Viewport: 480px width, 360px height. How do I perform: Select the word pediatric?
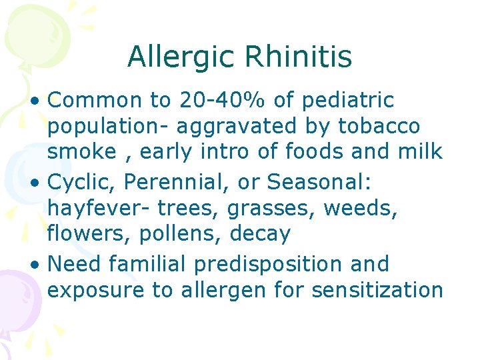[x=347, y=100]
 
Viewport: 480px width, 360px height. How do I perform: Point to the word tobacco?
[x=379, y=125]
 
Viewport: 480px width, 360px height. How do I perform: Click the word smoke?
[x=81, y=151]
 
